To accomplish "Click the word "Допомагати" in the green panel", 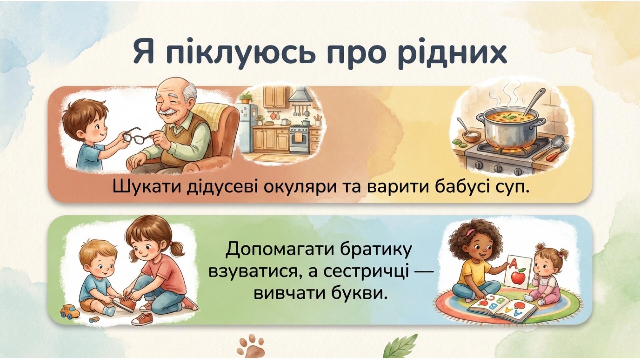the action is coord(281,250).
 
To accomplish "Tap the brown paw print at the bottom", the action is coord(251,347).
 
